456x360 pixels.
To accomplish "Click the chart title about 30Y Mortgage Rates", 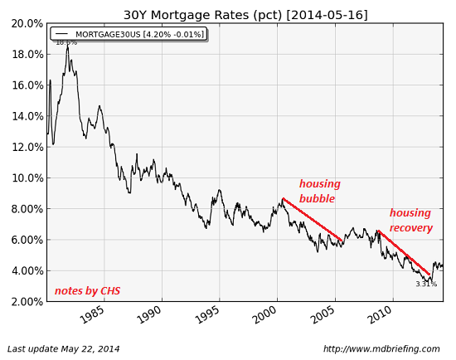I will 245,15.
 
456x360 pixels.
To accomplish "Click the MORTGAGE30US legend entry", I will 128,34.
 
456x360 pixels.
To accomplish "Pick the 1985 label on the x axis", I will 91,316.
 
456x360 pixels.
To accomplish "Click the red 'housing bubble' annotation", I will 319,192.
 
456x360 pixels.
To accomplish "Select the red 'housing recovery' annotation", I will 410,221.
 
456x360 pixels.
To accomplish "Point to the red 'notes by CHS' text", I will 87,291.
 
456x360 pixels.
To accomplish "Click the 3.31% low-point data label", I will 426,285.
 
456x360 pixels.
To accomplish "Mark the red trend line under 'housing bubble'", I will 313,220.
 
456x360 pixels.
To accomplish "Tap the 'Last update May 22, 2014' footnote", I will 64,349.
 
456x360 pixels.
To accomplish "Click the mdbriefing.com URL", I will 381,349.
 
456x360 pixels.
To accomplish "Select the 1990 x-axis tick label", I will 149,316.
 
